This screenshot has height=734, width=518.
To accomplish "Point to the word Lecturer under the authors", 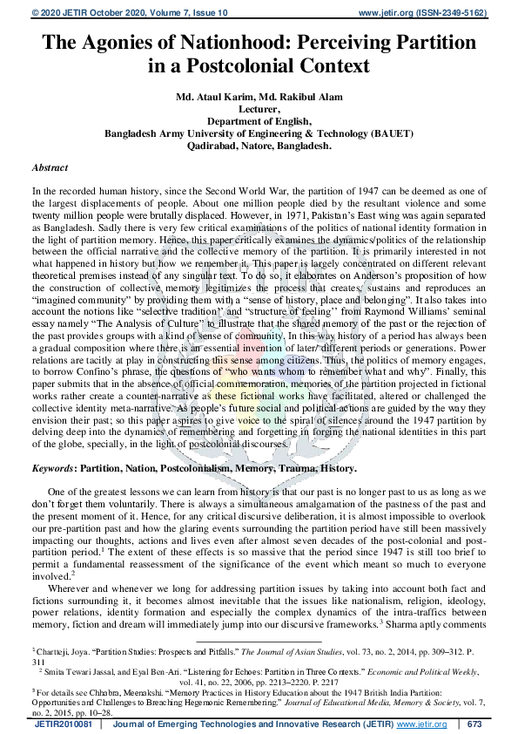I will (259, 109).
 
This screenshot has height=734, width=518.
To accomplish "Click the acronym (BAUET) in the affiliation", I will (387, 133).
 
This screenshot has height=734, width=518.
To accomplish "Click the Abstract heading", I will (51, 167).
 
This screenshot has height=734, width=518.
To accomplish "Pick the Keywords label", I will (53, 468).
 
